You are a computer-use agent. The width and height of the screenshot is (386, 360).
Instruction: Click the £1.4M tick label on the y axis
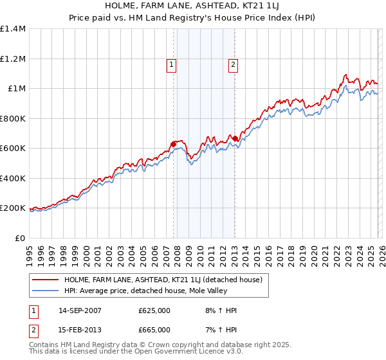coord(13,29)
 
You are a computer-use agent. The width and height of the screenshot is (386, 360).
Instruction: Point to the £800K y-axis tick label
coord(13,118)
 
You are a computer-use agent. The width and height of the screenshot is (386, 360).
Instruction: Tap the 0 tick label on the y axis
coord(22,239)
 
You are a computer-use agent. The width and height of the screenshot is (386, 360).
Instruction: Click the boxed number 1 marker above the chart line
coord(172,64)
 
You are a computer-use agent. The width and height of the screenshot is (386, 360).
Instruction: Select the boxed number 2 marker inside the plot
coord(232,64)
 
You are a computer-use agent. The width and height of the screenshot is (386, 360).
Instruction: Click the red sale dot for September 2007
coord(174,145)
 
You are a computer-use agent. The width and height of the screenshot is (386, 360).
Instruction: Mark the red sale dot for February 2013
coord(235,138)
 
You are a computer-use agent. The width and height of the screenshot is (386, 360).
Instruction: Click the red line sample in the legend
coord(46,280)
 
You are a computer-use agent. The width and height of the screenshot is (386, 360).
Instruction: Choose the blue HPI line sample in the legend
coord(46,291)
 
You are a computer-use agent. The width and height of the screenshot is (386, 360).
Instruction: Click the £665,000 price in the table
coord(154,329)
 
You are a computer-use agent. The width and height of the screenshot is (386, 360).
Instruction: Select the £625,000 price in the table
coord(154,310)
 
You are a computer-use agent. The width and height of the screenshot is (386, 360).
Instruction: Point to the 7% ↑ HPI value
coord(219,329)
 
